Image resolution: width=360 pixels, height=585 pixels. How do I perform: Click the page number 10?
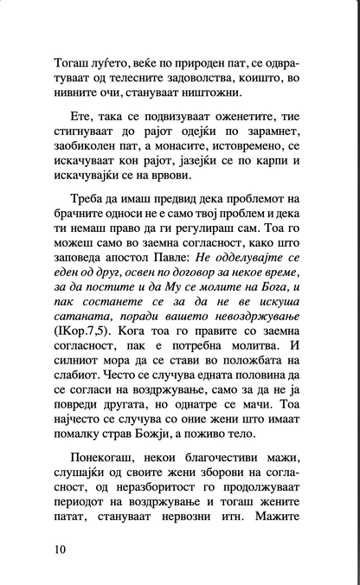pos(60,550)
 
